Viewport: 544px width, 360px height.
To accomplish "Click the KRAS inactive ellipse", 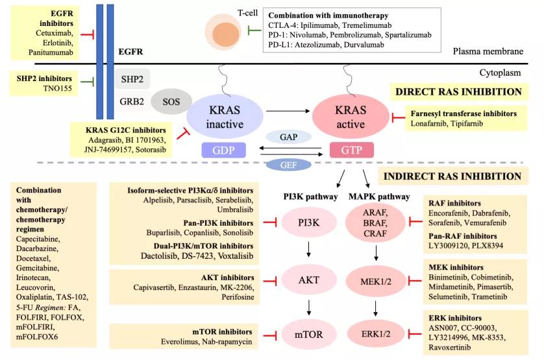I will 224,117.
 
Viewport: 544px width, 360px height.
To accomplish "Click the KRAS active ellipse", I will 351,117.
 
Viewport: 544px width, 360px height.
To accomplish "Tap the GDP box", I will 224,150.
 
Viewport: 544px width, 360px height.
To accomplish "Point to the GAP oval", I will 288,137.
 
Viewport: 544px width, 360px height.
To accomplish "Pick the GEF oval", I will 288,165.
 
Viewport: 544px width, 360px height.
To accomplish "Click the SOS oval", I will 170,102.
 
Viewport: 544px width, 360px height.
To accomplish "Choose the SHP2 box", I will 132,78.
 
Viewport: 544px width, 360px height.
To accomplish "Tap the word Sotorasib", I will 152,149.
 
